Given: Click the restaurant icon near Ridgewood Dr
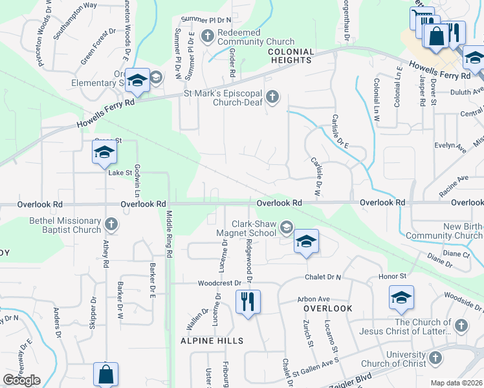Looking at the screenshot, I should [248, 302].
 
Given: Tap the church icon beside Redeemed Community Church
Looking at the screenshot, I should [208, 35].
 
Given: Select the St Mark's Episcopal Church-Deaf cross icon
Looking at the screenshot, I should [272, 98].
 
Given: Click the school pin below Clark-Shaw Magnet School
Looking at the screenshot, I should [307, 242].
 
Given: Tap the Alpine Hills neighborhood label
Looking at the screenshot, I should [212, 341].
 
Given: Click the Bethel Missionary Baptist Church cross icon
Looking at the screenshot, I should [111, 224].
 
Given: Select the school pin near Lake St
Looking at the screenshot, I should [104, 153].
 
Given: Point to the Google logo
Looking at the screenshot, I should [21, 380].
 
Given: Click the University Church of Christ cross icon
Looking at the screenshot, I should [435, 357].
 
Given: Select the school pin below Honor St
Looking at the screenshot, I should [401, 297].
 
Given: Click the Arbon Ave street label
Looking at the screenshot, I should [313, 299].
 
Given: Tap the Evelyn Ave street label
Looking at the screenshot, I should [451, 147].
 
